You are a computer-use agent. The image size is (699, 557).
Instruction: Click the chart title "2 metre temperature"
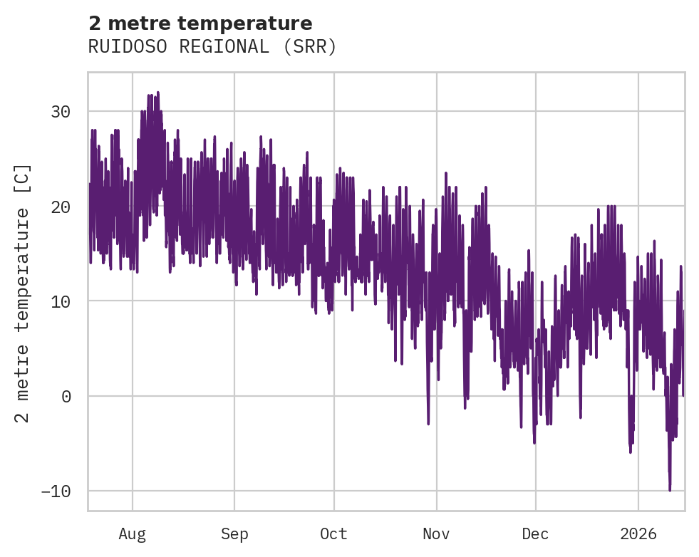click(x=200, y=24)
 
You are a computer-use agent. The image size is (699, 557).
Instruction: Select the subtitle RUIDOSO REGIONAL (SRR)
click(x=212, y=47)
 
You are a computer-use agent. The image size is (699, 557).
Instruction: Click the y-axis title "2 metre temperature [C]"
click(x=23, y=293)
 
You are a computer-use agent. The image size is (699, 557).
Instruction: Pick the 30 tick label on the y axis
click(x=61, y=112)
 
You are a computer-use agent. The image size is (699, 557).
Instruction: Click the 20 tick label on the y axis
click(x=61, y=207)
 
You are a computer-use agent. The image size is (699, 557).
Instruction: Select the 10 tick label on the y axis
click(x=61, y=301)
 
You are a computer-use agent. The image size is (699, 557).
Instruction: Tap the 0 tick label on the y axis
click(x=66, y=397)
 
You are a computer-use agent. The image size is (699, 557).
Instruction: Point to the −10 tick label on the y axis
click(x=56, y=491)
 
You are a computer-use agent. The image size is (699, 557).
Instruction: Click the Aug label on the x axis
click(x=133, y=533)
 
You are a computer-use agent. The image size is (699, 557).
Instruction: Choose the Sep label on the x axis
click(x=234, y=533)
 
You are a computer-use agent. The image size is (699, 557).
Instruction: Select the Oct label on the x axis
click(x=333, y=533)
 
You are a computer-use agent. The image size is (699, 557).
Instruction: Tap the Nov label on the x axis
click(x=436, y=533)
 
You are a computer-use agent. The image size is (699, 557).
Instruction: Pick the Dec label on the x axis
click(x=535, y=533)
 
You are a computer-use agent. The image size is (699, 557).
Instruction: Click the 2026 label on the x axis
click(x=638, y=533)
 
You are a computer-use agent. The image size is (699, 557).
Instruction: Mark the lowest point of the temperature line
click(x=670, y=490)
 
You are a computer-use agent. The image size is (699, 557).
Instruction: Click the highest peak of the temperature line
click(x=157, y=92)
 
